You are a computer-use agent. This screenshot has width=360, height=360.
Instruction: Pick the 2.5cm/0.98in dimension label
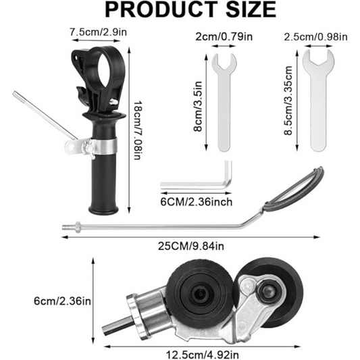point(315,36)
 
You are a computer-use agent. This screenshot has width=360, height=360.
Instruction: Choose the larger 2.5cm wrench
point(315,101)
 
